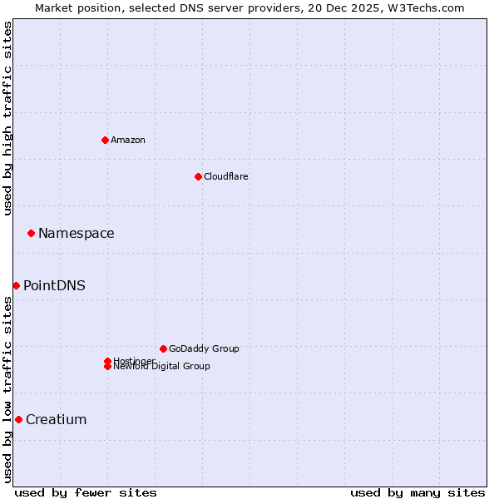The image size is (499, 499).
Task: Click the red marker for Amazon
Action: click(x=105, y=140)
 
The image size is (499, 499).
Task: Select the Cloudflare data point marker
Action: click(x=198, y=176)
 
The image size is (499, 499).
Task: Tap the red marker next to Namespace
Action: click(x=31, y=233)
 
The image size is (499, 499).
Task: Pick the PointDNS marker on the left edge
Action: click(x=16, y=285)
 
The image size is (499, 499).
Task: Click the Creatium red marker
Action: click(x=18, y=419)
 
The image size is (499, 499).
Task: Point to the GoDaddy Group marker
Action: click(x=163, y=348)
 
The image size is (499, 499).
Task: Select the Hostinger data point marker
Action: click(x=107, y=361)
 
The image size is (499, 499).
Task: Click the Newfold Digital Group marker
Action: click(x=107, y=367)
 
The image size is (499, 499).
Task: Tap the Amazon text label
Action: click(x=128, y=140)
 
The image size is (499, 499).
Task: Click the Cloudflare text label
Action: click(x=226, y=176)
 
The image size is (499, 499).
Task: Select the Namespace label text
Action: click(x=77, y=233)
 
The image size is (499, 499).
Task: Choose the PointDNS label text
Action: click(x=54, y=285)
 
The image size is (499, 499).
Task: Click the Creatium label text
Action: click(x=57, y=419)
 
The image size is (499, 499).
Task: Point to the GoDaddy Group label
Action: click(x=204, y=348)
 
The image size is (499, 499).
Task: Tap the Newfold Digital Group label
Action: click(x=162, y=367)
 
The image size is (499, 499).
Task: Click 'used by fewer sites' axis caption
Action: click(x=86, y=492)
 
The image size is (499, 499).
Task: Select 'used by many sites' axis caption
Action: click(x=417, y=492)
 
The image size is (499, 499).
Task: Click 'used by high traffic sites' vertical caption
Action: click(x=7, y=118)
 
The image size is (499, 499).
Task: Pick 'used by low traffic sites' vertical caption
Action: click(x=7, y=389)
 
